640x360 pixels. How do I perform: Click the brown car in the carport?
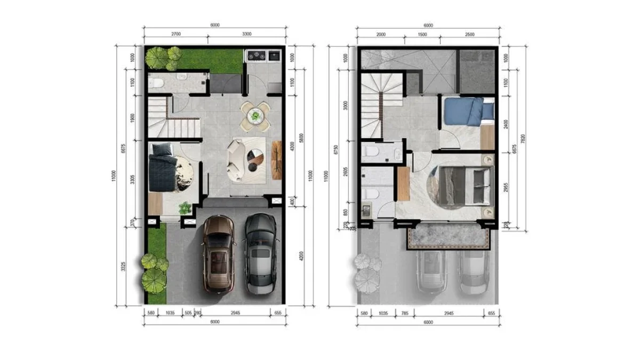[x=218, y=254]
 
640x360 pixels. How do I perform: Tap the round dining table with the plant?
[x=255, y=115]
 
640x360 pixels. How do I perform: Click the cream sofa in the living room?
[x=236, y=159]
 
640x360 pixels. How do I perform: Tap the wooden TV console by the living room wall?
[x=277, y=159]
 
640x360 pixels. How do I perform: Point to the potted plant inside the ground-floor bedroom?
[x=185, y=207]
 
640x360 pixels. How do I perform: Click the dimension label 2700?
[x=175, y=34]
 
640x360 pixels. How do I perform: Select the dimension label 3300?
[x=246, y=34]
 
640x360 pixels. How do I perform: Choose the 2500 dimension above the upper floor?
[x=470, y=34]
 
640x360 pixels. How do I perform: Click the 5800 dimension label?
[x=301, y=138]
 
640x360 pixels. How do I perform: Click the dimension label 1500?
[x=422, y=34]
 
